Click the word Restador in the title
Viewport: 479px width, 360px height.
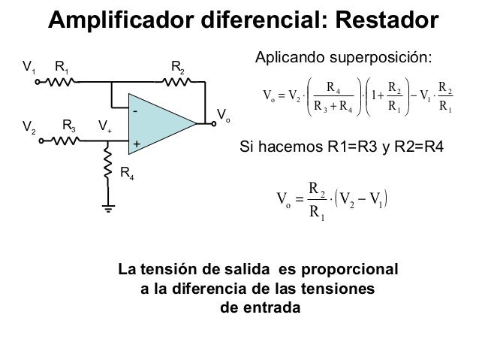coord(387,20)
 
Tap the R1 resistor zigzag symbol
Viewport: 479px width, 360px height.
coord(60,82)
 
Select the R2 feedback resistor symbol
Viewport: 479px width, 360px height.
coord(176,82)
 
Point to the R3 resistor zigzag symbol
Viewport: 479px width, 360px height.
coord(66,141)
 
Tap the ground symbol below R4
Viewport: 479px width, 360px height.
coord(108,208)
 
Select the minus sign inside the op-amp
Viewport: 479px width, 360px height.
coord(135,111)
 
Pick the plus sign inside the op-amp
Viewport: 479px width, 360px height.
coord(137,144)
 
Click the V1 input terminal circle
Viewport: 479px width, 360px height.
coord(38,82)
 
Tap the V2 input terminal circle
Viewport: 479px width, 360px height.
coord(41,141)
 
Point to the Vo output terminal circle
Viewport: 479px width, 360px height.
coord(214,123)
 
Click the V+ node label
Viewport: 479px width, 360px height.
coord(105,126)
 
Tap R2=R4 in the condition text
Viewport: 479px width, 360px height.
coord(419,147)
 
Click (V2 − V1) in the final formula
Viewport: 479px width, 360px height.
coord(361,199)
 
